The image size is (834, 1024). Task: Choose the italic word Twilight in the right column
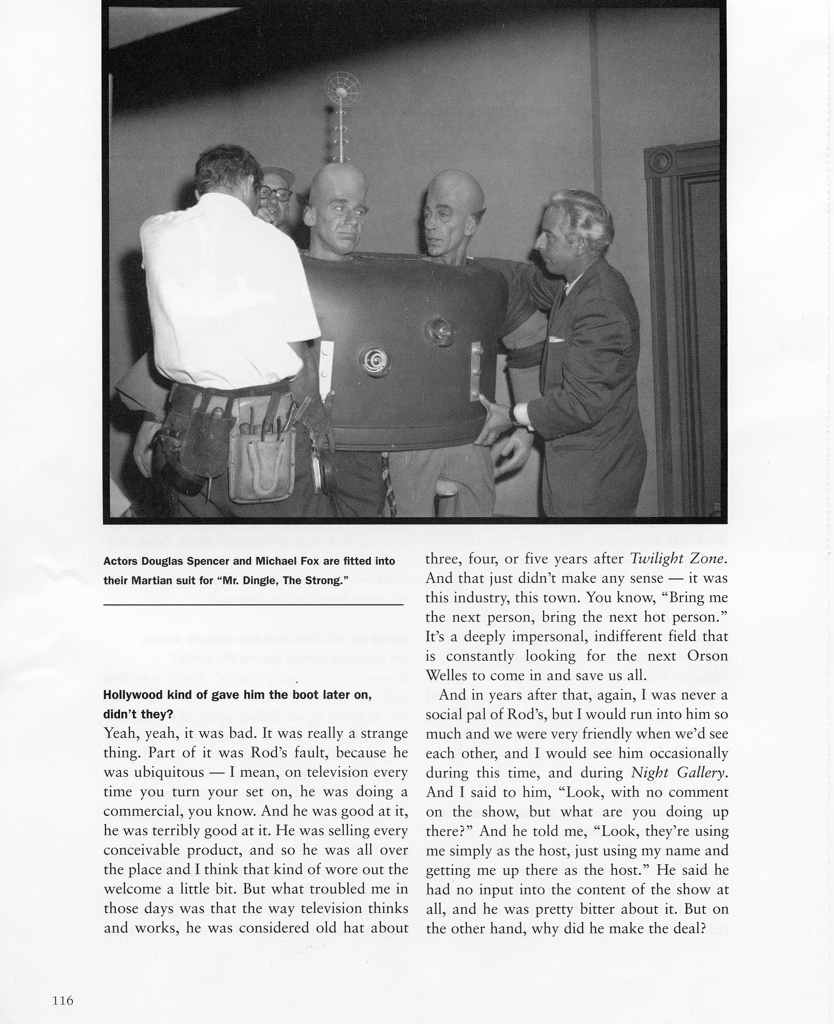click(x=658, y=558)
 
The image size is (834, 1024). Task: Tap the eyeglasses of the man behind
click(x=276, y=193)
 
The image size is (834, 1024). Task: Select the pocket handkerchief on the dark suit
click(x=556, y=340)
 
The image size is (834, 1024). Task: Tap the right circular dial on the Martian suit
click(x=440, y=329)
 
